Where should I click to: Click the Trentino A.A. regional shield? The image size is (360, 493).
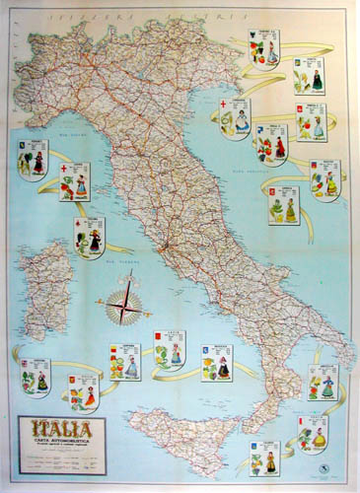[265, 46]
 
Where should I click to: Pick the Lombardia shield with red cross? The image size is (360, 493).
[235, 118]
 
